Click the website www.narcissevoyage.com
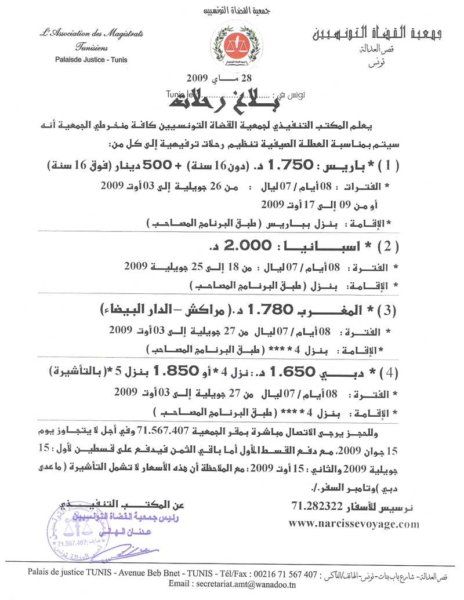click(353, 523)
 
